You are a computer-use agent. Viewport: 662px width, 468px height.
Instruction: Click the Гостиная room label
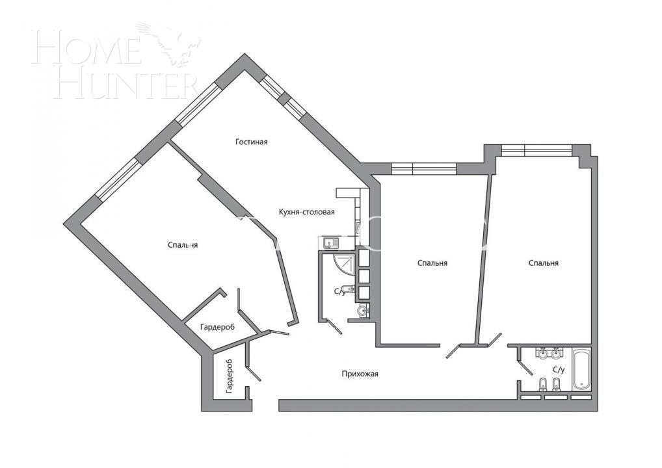[x=252, y=142]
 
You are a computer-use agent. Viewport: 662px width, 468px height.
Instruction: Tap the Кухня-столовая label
[x=306, y=212]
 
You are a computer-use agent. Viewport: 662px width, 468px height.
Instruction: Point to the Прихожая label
[x=360, y=374]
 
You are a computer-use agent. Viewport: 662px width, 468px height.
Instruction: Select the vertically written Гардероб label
[x=229, y=376]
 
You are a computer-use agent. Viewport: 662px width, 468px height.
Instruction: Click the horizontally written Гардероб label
[x=217, y=327]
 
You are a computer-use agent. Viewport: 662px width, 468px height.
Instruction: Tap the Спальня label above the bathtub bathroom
[x=544, y=263]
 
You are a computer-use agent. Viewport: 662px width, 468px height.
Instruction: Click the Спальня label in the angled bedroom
[x=183, y=245]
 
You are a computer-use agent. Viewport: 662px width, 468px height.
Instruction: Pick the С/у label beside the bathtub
[x=558, y=370]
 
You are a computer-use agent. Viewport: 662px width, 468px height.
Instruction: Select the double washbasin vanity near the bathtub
[x=548, y=354]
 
